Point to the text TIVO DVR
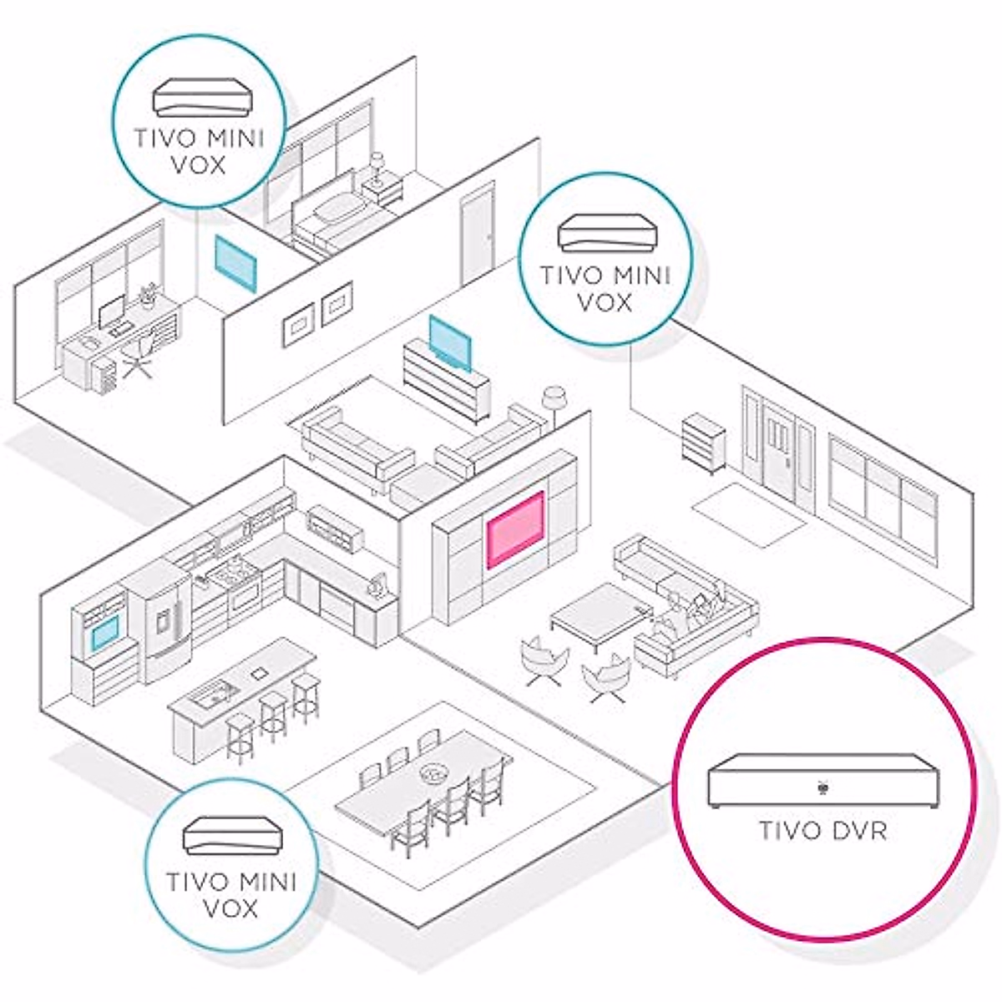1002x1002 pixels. [x=822, y=832]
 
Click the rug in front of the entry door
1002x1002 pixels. [x=750, y=506]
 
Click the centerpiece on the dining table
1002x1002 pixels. [x=433, y=772]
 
